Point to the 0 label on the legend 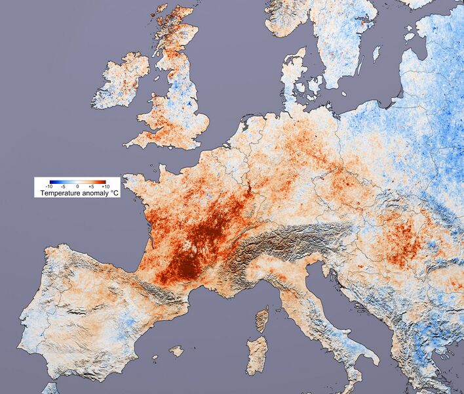tap(77, 186)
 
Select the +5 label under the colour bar tap(91, 186)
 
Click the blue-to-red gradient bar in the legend tap(77, 181)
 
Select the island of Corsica tap(262, 320)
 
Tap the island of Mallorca tap(176, 351)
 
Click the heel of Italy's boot tap(374, 358)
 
